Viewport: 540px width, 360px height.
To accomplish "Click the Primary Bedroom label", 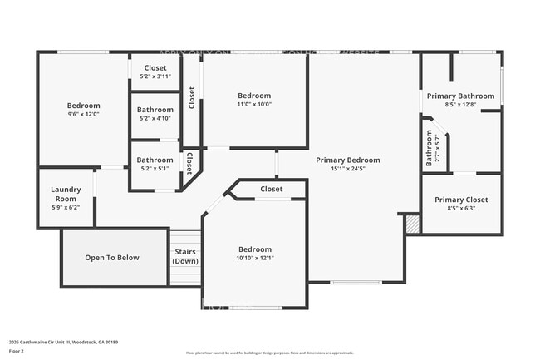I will click(347, 160).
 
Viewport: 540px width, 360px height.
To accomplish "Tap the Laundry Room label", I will click(65, 194).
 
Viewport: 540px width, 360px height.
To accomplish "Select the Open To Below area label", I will click(112, 258).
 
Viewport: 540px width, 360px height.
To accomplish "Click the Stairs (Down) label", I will click(185, 256).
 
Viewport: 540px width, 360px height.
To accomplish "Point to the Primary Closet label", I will click(461, 200).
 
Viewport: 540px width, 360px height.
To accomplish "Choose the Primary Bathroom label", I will click(459, 96).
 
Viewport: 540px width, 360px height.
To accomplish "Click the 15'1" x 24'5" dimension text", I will click(347, 169).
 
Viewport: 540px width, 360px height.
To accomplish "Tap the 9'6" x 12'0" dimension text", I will click(83, 115).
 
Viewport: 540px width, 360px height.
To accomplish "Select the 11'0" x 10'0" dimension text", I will click(254, 105).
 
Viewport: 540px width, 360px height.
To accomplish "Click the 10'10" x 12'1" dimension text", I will click(254, 259).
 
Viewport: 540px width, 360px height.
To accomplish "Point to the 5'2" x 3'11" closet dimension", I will click(155, 76).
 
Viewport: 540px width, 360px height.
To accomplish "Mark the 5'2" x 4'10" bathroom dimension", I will click(155, 118).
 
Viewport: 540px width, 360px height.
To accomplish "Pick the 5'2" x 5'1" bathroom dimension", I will click(155, 169).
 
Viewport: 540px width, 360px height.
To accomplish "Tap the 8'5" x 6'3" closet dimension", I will click(461, 210).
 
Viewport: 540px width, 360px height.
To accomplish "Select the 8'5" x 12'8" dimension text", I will click(459, 106).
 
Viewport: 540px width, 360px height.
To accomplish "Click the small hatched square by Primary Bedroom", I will click(411, 225).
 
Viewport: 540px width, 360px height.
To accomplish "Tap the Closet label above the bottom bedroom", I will click(271, 189).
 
